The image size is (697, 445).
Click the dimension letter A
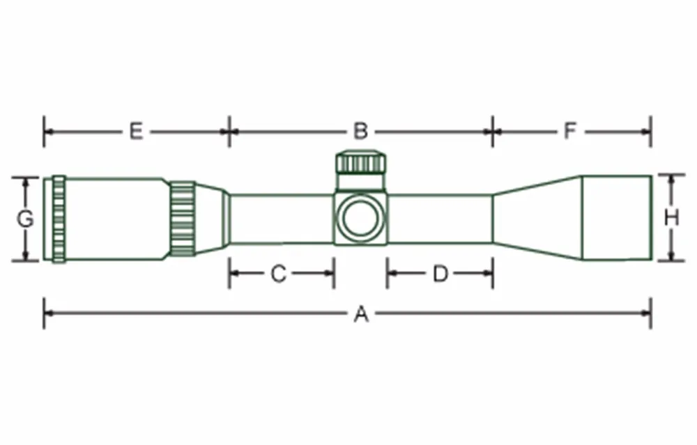click(361, 315)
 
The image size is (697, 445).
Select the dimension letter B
click(361, 132)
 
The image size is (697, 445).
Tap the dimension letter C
click(279, 274)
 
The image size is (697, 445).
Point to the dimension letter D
click(440, 274)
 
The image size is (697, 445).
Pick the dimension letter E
click(137, 132)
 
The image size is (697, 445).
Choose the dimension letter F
click(570, 132)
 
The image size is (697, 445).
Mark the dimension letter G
click(25, 219)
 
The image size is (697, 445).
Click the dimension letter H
click(671, 218)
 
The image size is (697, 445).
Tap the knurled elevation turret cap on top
click(361, 162)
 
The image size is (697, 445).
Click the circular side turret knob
click(361, 218)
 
